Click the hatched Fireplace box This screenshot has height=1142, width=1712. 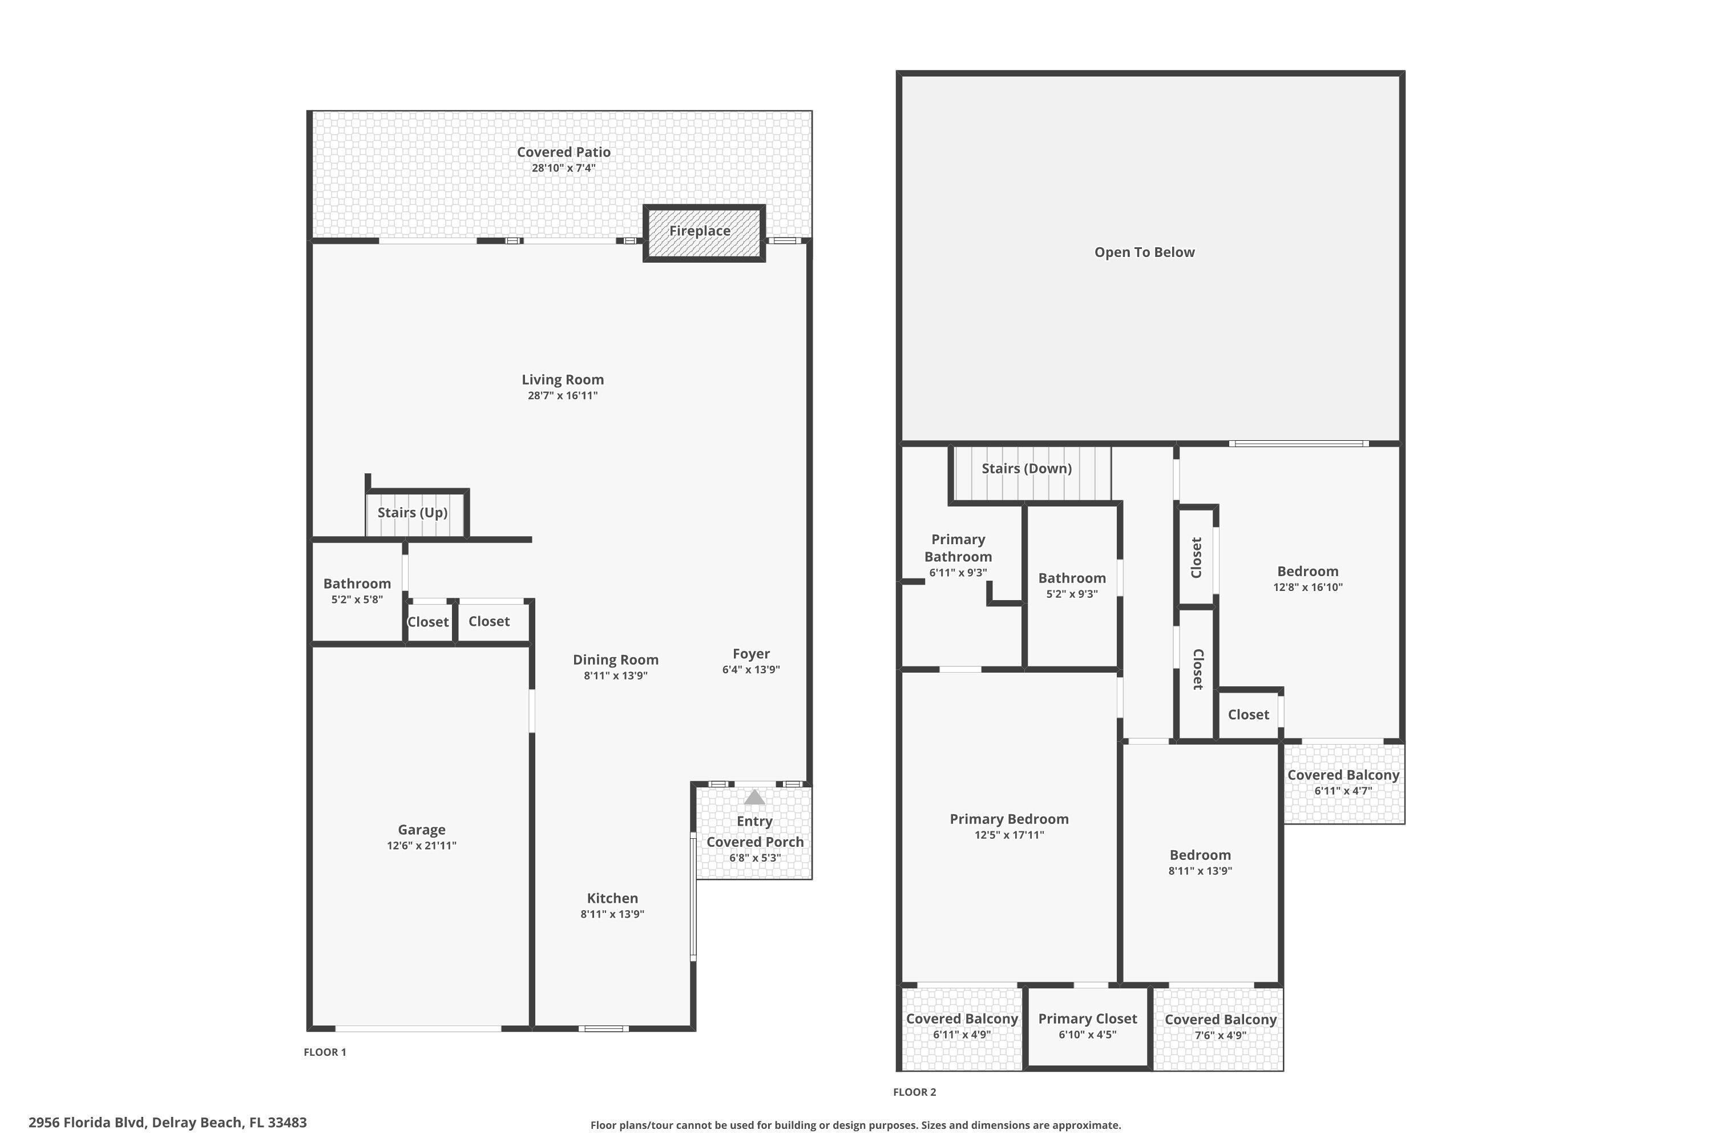pyautogui.click(x=703, y=232)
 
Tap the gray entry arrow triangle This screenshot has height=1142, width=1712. pyautogui.click(x=754, y=798)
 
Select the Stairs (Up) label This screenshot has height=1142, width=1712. pyautogui.click(x=412, y=513)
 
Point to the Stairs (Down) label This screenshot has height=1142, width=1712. pyautogui.click(x=1026, y=469)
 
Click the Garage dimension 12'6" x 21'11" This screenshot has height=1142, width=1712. pyautogui.click(x=422, y=846)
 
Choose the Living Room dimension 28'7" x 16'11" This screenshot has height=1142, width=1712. pyautogui.click(x=563, y=396)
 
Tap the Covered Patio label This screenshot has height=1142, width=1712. pyautogui.click(x=563, y=152)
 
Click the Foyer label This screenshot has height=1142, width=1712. pyautogui.click(x=750, y=654)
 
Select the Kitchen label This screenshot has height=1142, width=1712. pyautogui.click(x=612, y=899)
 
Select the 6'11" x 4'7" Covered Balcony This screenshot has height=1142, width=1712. pyautogui.click(x=1343, y=782)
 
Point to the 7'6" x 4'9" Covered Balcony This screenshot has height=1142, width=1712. pyautogui.click(x=1220, y=1027)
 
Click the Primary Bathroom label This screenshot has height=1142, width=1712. pyautogui.click(x=958, y=548)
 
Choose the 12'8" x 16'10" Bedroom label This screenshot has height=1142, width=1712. pyautogui.click(x=1307, y=572)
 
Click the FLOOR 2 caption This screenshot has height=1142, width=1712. pyautogui.click(x=914, y=1092)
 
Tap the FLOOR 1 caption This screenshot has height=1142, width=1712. pyautogui.click(x=325, y=1052)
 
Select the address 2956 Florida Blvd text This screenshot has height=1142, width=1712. pyautogui.click(x=167, y=1123)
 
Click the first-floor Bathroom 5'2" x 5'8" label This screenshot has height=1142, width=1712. pyautogui.click(x=357, y=584)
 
